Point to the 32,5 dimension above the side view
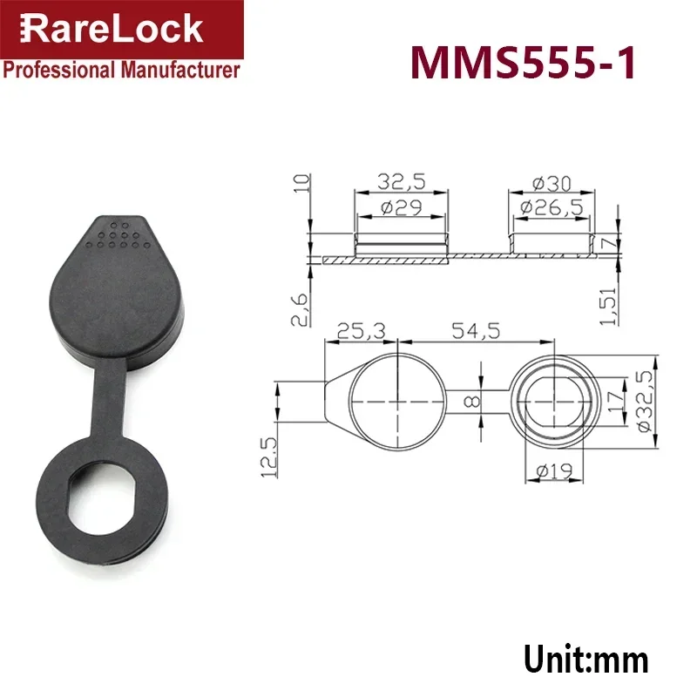coord(401,182)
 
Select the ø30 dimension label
coord(552,184)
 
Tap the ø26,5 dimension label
coord(552,207)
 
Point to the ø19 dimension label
coord(552,471)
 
